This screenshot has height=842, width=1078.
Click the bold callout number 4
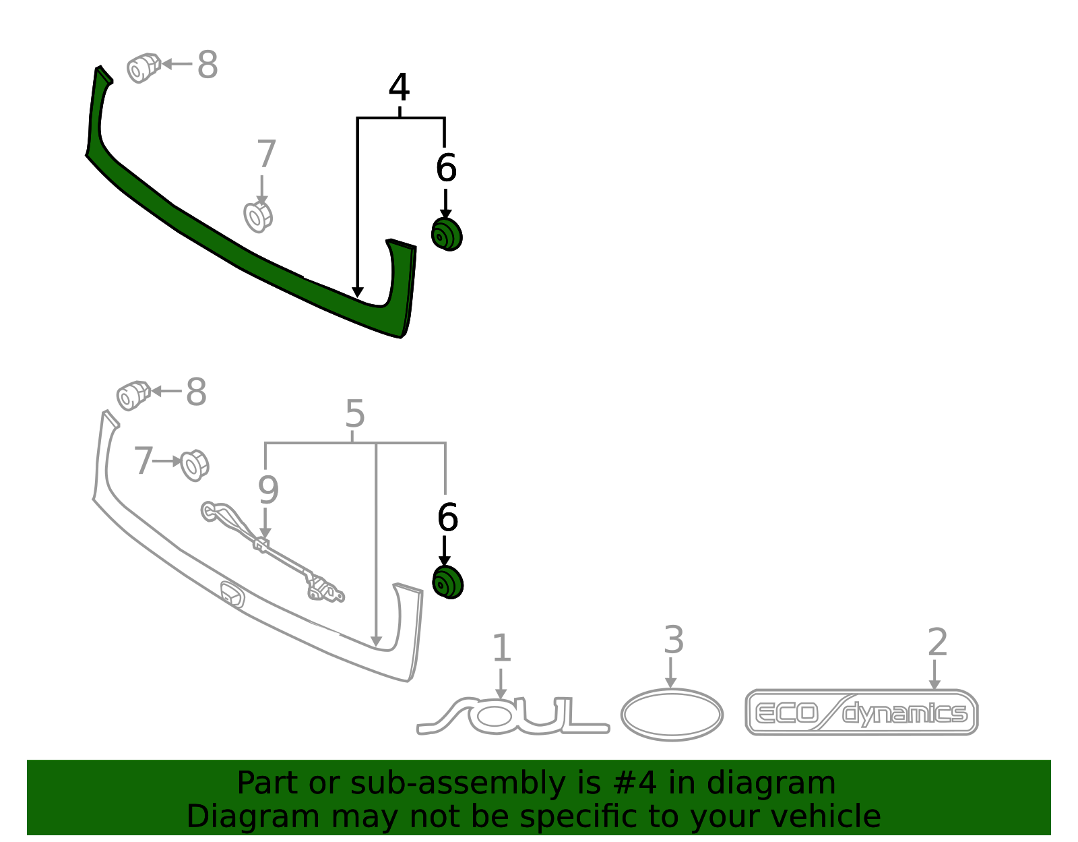pos(399,88)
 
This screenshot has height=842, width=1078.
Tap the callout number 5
pos(354,414)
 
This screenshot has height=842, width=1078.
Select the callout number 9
pos(268,490)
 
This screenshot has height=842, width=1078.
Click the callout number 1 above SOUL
pos(501,648)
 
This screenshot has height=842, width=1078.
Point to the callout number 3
pos(674,640)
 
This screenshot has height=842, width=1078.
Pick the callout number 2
pos(938,642)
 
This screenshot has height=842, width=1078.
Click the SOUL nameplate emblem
pos(513,715)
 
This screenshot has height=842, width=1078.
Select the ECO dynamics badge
pos(862,713)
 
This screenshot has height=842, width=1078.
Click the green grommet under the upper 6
pos(447,235)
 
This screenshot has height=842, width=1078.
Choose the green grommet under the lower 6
pos(447,582)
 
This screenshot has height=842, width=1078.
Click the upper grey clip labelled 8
pos(144,67)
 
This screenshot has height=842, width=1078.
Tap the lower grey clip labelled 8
pos(133,396)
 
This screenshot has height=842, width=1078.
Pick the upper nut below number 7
pos(258,216)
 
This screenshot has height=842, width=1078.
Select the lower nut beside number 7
pos(195,465)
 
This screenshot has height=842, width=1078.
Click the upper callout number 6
pos(446,168)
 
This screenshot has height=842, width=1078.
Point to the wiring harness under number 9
pos(272,551)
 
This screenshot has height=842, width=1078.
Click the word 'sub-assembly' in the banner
pos(458,783)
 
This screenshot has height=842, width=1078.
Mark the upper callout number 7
pos(266,154)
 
